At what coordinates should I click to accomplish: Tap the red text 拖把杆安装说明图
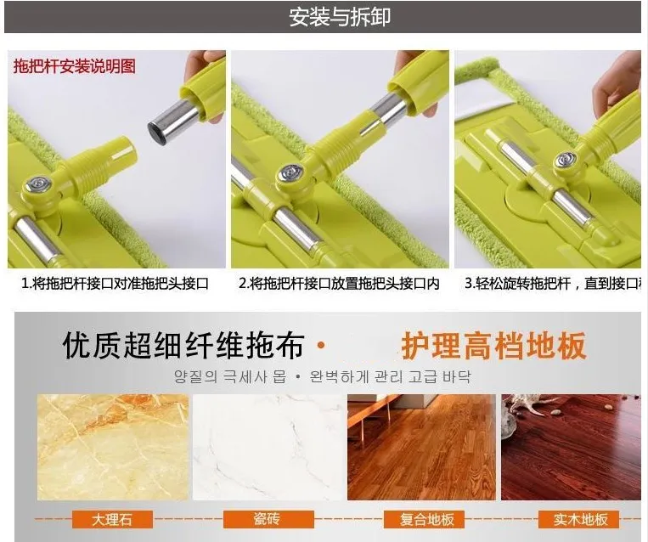pyautogui.click(x=74, y=65)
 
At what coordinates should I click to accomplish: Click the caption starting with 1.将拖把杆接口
pyautogui.click(x=115, y=284)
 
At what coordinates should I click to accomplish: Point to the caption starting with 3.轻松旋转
pyautogui.click(x=552, y=284)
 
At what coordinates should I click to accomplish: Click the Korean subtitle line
pyautogui.click(x=323, y=375)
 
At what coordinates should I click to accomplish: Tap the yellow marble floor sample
pyautogui.click(x=112, y=447)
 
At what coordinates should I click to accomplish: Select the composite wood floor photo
pyautogui.click(x=421, y=447)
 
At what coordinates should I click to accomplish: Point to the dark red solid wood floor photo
pyautogui.click(x=571, y=447)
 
